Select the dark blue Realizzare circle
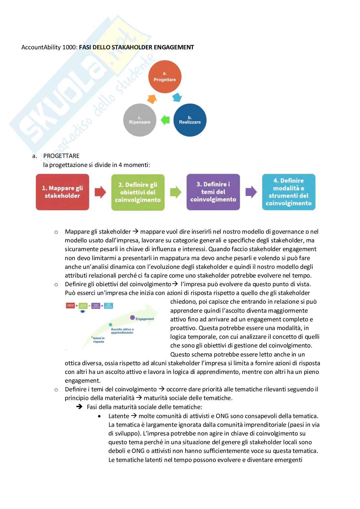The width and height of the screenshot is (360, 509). tap(190, 120)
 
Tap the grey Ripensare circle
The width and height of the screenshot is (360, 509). tap(140, 120)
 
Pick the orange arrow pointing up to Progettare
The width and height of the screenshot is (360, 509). tap(152, 99)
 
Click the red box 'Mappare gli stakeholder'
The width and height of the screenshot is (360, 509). tap(62, 192)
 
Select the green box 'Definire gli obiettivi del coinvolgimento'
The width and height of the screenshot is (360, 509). tap(138, 192)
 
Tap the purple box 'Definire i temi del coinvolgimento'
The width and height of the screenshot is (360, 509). tap(213, 192)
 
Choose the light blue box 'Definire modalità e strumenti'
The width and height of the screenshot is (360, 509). tap(288, 192)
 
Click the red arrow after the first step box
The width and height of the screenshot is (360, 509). tap(100, 192)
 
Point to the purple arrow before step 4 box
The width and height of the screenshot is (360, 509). tap(251, 192)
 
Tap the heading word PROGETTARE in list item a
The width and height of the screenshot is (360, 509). tap(61, 156)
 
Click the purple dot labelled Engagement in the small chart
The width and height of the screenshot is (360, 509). tap(132, 318)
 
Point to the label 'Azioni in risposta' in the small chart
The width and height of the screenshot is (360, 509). tap(98, 340)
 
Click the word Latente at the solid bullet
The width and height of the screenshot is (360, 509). tap(119, 416)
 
